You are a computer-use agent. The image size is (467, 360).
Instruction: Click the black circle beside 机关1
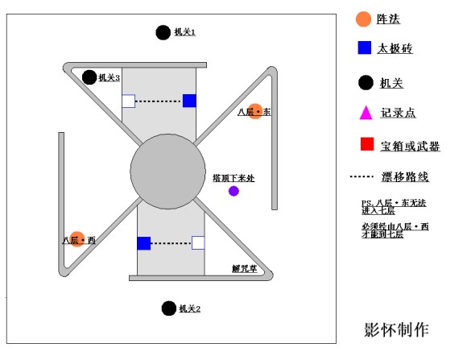163,32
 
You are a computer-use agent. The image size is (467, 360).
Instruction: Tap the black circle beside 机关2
168,308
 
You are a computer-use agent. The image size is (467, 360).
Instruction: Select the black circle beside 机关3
89,77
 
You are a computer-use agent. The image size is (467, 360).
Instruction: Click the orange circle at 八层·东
255,112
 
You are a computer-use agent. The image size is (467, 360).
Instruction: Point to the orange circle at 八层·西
77,239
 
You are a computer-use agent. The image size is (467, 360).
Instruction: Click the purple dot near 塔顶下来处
233,191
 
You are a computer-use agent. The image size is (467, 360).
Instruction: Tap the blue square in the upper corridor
189,101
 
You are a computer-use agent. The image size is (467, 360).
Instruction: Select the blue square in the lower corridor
143,242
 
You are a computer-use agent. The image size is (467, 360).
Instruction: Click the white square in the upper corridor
128,101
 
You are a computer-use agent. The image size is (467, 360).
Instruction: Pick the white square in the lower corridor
198,242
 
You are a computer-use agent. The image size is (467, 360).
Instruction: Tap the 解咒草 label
244,269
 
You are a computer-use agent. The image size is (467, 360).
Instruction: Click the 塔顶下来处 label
233,177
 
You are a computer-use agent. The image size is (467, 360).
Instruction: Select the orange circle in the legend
364,19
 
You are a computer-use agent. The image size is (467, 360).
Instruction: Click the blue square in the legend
365,48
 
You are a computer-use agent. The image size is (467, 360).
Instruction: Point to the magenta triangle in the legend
366,112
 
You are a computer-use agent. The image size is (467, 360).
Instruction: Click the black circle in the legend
366,81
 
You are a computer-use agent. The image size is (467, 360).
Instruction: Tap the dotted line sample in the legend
363,176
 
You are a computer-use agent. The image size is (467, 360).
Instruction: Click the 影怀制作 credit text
396,329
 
